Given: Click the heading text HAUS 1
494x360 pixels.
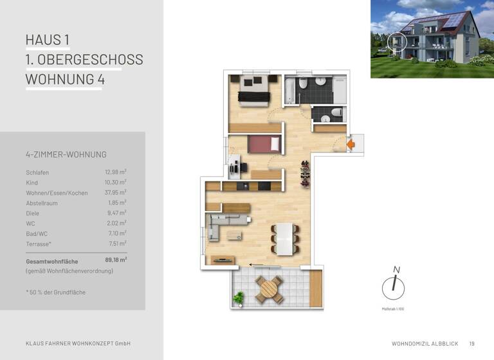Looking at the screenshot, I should (x=48, y=40).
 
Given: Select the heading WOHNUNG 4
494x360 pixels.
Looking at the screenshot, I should (x=64, y=80).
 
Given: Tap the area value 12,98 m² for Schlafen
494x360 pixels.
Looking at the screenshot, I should (x=115, y=172).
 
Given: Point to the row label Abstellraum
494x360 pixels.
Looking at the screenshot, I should (x=42, y=203).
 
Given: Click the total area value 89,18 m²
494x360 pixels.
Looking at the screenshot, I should (x=115, y=260).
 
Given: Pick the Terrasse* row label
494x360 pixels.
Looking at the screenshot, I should (x=39, y=244).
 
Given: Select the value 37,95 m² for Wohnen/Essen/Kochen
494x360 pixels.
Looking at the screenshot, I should (x=115, y=192).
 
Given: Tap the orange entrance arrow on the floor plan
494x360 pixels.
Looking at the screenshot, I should (x=351, y=145).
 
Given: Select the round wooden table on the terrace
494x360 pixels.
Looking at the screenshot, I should (x=269, y=290).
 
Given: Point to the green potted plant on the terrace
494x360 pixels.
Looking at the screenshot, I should (x=239, y=298).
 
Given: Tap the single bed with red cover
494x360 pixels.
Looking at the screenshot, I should (x=264, y=144).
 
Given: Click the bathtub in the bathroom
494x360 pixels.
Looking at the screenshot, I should (x=289, y=90).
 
